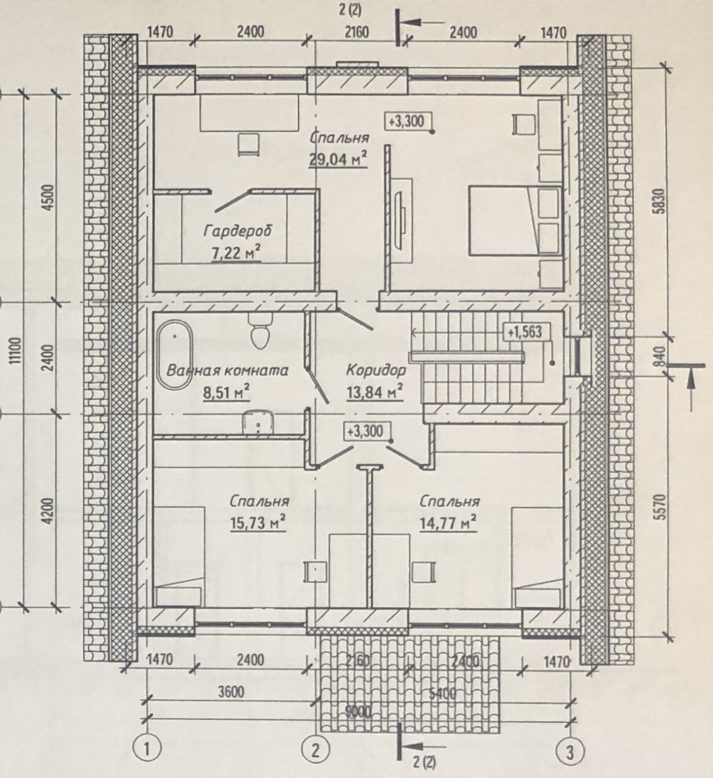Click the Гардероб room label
(238, 231)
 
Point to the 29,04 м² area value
(338, 158)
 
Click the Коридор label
(376, 370)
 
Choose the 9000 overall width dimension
(358, 711)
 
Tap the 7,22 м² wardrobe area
(236, 253)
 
